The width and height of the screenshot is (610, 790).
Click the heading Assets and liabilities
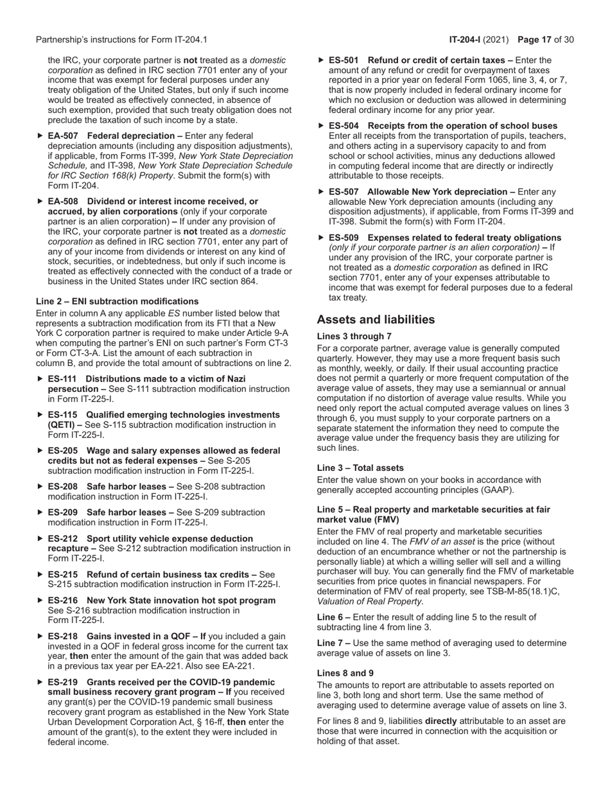[376, 320]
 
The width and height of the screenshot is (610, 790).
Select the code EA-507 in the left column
[63, 136]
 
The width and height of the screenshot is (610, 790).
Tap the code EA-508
[63, 202]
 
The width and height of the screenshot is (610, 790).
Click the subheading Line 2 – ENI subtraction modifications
[117, 301]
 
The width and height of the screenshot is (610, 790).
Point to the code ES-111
[62, 379]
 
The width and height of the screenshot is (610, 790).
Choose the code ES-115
[62, 415]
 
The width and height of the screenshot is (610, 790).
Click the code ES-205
[62, 451]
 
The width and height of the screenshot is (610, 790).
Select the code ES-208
[62, 487]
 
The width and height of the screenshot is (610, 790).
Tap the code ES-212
[62, 539]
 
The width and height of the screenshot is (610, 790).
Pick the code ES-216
[62, 601]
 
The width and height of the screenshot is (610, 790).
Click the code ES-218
[62, 636]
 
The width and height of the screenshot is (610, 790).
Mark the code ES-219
[62, 682]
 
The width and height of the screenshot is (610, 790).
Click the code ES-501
[343, 60]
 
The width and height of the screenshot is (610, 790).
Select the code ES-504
[343, 126]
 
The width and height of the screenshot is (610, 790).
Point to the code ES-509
[343, 238]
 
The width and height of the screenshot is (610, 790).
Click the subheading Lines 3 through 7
[354, 337]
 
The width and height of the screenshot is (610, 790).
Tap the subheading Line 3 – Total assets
[360, 468]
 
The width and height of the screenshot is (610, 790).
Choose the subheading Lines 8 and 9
[345, 673]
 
